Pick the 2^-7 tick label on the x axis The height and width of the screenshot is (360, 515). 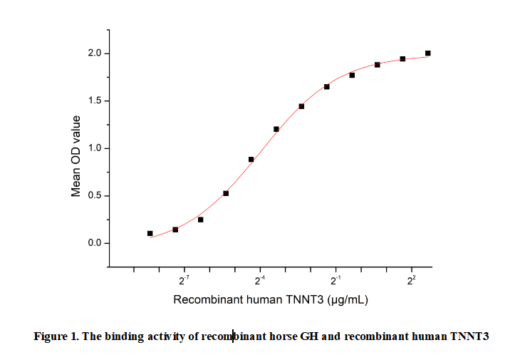(x=184, y=281)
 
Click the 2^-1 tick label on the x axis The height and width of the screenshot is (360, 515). (x=335, y=281)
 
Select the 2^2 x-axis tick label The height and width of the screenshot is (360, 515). (x=411, y=281)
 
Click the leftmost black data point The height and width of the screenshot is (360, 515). (x=150, y=233)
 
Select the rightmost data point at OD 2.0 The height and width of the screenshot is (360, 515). (x=427, y=53)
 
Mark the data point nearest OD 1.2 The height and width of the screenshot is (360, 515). (x=276, y=129)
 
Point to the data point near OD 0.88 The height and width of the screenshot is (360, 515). (x=251, y=160)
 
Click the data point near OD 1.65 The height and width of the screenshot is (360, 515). (x=326, y=87)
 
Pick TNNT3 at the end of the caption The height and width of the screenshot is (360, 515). (x=469, y=336)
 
